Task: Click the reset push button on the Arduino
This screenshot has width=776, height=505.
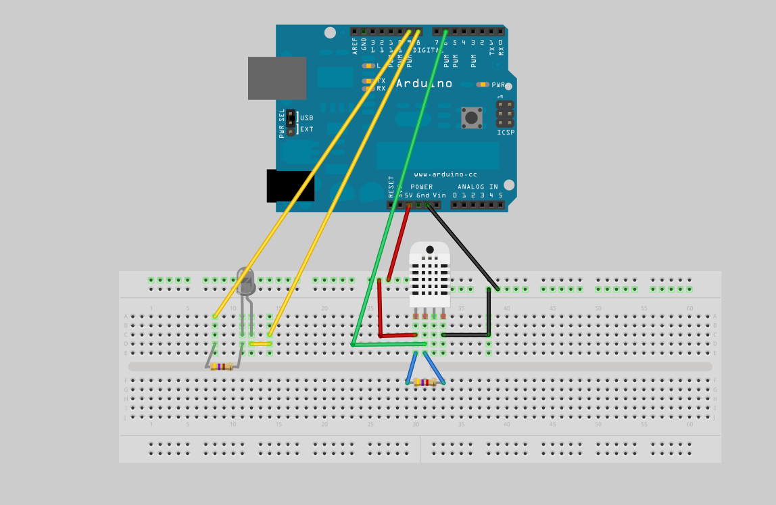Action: [471, 117]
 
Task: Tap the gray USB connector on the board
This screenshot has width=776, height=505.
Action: [276, 78]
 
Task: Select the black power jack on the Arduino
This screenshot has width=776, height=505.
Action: [291, 186]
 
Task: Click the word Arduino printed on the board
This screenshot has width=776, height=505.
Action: [424, 84]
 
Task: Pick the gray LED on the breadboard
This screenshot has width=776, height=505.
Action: [245, 281]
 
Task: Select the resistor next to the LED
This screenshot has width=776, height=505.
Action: [222, 366]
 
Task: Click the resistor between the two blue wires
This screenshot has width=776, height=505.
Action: [425, 383]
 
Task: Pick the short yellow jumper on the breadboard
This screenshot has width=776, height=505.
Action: [261, 344]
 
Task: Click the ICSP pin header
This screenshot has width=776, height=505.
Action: [505, 114]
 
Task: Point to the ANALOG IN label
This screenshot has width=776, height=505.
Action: [478, 187]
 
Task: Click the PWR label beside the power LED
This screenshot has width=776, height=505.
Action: [498, 85]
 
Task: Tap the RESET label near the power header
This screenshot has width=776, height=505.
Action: [391, 186]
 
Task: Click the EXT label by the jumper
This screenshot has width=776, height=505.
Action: [306, 129]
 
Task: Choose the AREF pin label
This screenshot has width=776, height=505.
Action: [354, 45]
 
